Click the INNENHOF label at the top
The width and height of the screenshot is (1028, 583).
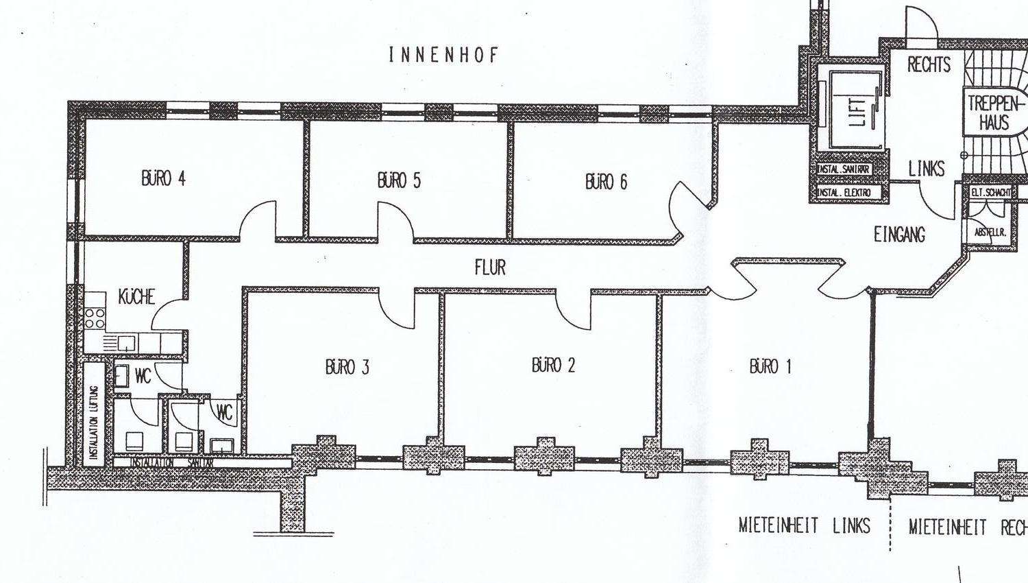click(x=444, y=55)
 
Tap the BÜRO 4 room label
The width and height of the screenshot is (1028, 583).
click(x=163, y=178)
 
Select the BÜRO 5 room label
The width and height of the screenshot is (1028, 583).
click(x=399, y=180)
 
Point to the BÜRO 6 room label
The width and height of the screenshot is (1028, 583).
click(x=606, y=182)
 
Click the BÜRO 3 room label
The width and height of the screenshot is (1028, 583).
click(x=347, y=367)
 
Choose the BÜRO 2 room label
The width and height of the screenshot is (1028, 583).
click(x=553, y=365)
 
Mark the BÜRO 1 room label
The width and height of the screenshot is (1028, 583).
click(x=770, y=366)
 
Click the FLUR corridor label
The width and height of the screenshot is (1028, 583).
click(x=490, y=267)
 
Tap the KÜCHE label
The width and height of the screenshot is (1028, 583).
click(x=136, y=297)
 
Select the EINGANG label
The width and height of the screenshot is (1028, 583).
click(x=899, y=235)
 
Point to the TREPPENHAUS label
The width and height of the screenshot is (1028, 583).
click(x=994, y=114)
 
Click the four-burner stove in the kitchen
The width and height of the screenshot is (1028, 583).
click(x=95, y=318)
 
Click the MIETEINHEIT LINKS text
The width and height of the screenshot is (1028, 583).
click(x=804, y=526)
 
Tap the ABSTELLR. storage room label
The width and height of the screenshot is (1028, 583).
click(x=990, y=233)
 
